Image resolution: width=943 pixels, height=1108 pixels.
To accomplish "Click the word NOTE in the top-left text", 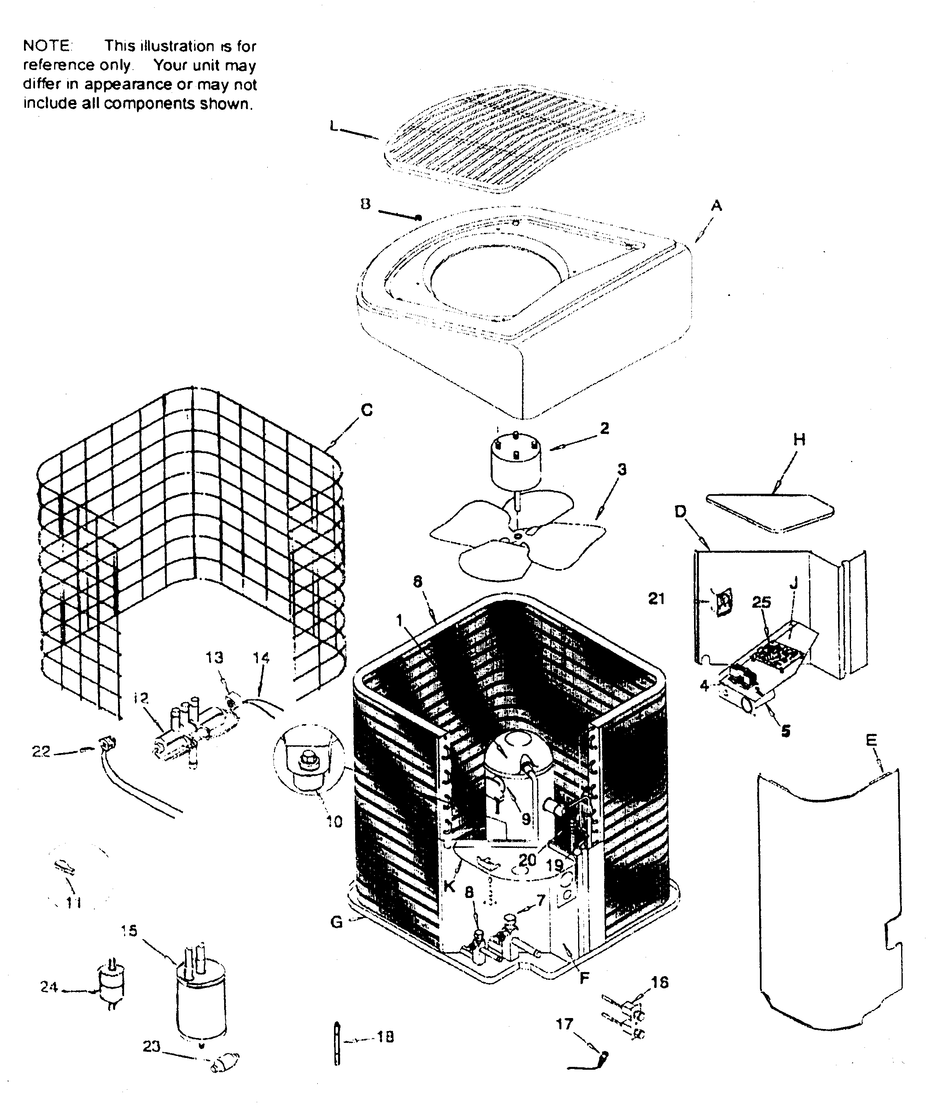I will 47,46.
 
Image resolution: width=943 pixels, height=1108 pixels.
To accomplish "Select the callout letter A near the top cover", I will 716,205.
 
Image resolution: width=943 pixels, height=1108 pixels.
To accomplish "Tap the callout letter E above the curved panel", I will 871,740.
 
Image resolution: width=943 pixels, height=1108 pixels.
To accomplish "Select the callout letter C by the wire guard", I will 367,410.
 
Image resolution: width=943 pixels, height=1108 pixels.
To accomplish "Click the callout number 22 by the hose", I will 41,751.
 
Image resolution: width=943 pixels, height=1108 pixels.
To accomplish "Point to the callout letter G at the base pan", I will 337,922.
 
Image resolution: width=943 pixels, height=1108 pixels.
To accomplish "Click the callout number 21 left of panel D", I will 657,598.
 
